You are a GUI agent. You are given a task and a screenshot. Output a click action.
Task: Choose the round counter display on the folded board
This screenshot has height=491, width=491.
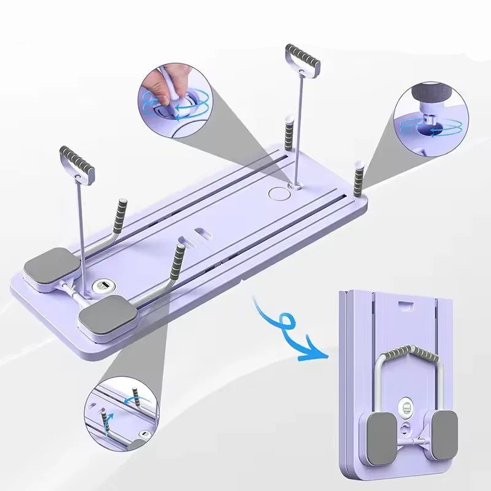(x=406, y=408)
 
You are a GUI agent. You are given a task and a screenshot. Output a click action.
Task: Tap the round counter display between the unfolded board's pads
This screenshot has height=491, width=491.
(x=103, y=287)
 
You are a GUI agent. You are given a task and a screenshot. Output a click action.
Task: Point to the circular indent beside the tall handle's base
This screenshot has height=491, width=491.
(x=278, y=192)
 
